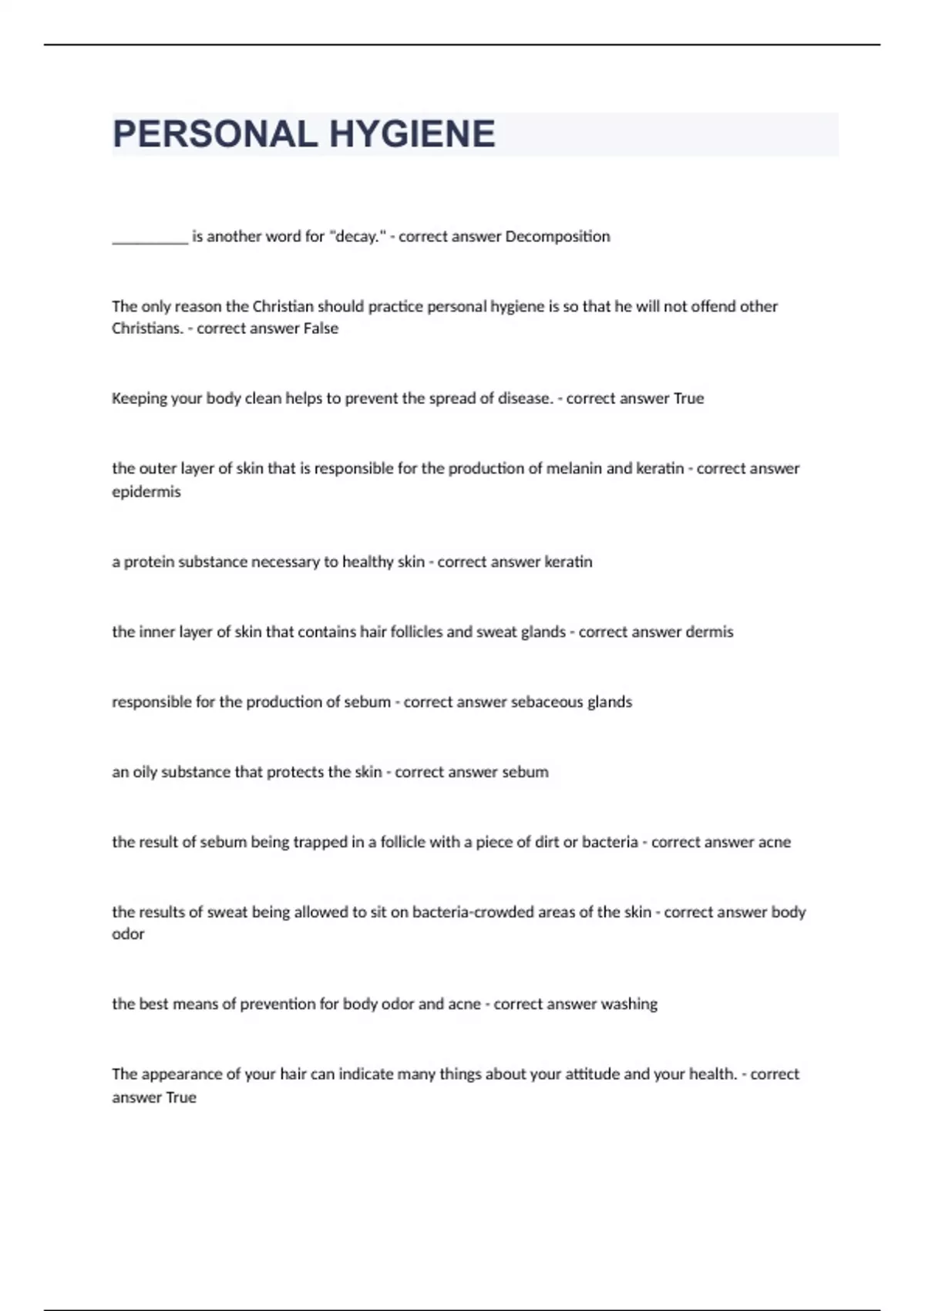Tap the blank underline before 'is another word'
(150, 239)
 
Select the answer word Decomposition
(557, 237)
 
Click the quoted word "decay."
(357, 237)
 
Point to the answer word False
(321, 329)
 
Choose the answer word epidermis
(146, 492)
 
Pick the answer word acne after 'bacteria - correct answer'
(774, 842)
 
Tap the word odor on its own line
(128, 935)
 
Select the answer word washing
(629, 1004)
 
